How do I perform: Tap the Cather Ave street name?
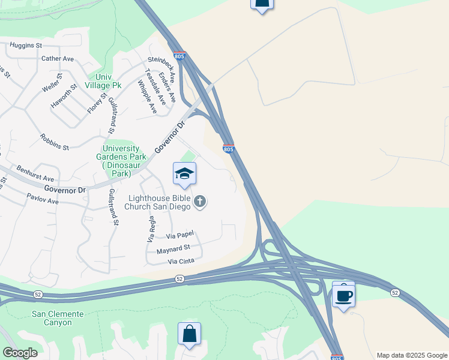point(58,59)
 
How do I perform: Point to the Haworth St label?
point(65,95)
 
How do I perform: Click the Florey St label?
point(96,101)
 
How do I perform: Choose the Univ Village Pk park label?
point(104,81)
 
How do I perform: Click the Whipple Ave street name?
point(147,97)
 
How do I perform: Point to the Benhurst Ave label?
point(35,175)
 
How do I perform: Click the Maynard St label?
point(173,248)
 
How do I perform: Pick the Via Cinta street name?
point(182,262)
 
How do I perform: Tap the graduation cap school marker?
point(185,174)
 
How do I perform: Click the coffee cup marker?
point(343,295)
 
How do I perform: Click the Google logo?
point(20,353)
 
